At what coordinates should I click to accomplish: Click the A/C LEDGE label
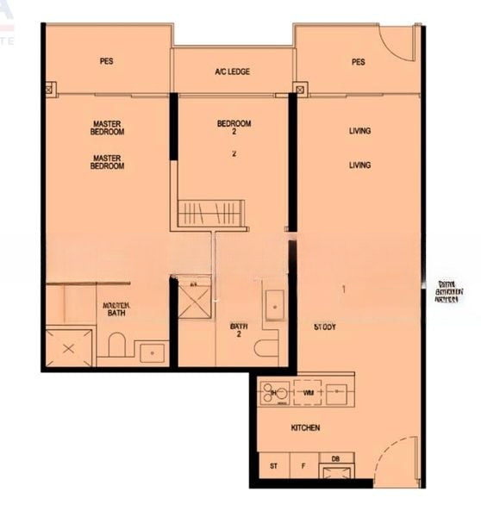pos(233,72)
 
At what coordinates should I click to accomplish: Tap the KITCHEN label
pos(305,427)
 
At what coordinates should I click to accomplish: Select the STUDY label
pos(325,327)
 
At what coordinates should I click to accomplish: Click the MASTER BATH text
pos(116,309)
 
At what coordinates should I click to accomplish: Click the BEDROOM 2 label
pos(234,128)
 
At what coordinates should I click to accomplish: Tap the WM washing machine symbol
pos(307,392)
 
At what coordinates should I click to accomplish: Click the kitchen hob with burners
pos(275,393)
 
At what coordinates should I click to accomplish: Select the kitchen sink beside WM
pos(339,392)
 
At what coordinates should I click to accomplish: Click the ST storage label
pos(273,466)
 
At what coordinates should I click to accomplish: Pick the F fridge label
pos(303,466)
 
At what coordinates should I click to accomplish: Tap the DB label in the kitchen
pos(334,459)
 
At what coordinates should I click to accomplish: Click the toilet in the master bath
pos(117,346)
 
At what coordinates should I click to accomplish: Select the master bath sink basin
pos(153,352)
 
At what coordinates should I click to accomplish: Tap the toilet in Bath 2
pos(266,348)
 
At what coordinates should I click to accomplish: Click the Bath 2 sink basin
pos(275,305)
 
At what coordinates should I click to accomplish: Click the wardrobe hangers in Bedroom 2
pos(211,213)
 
